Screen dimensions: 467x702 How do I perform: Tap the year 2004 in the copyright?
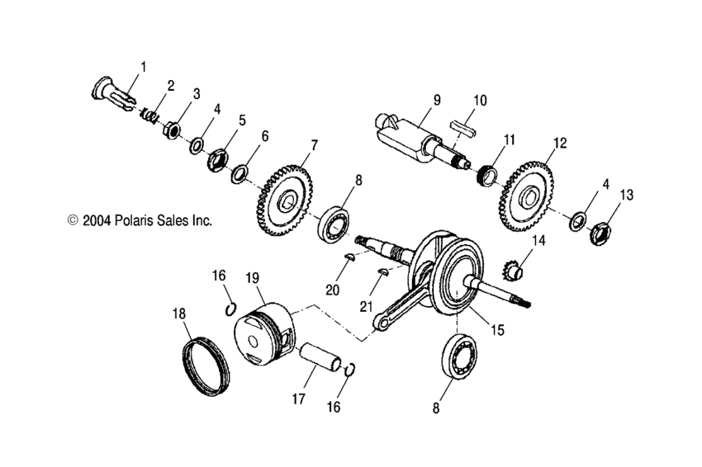[98, 221]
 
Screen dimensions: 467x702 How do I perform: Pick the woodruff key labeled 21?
[382, 271]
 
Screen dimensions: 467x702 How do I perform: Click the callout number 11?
[510, 139]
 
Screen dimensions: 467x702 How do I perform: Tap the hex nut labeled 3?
[173, 129]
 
